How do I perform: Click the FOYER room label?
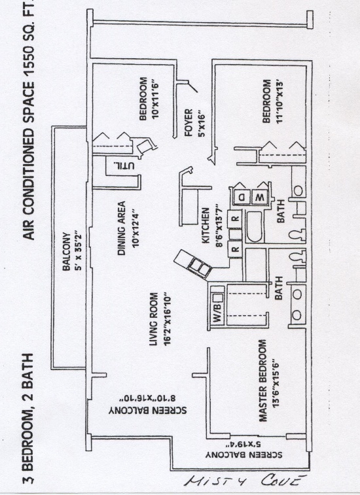click(189, 122)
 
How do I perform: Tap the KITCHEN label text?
click(206, 226)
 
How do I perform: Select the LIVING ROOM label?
click(153, 319)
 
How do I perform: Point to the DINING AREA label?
click(122, 228)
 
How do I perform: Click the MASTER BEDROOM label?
click(263, 381)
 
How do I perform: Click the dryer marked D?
click(242, 197)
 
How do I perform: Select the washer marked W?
click(260, 197)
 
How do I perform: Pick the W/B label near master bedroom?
click(218, 313)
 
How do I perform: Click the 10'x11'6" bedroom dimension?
click(156, 99)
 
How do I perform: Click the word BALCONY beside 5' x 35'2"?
click(66, 251)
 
